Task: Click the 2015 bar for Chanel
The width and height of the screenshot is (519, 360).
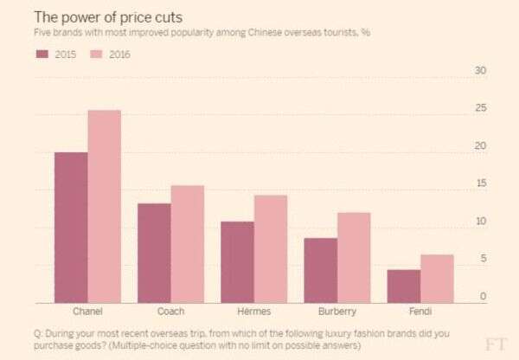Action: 71,227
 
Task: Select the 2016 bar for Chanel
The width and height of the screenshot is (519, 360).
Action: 105,206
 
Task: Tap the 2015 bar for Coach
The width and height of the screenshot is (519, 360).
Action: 154,253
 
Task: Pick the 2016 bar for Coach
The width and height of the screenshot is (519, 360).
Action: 188,243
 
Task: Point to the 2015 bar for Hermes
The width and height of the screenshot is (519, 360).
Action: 237,261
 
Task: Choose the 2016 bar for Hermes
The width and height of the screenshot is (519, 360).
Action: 271,248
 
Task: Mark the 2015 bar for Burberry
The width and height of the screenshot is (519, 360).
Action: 320,270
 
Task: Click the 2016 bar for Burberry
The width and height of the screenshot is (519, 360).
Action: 354,257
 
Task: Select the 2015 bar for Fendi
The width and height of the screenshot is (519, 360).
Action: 403,286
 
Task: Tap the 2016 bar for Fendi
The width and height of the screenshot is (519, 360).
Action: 437,278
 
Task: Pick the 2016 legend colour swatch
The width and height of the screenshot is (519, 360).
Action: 97,55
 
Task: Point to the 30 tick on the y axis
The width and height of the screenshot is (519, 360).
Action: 482,71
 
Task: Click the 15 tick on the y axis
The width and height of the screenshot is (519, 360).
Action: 482,184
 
